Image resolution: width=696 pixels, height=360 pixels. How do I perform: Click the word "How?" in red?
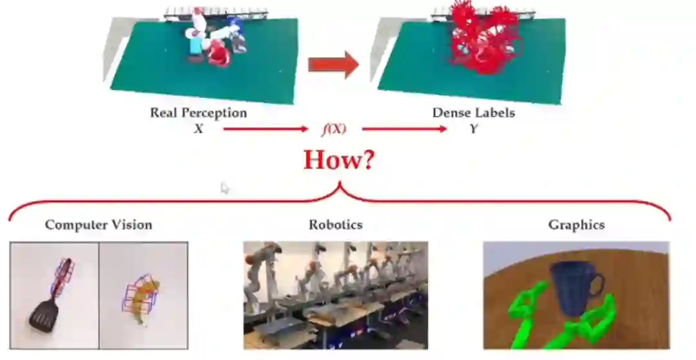338,158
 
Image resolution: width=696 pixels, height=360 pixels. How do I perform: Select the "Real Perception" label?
198,113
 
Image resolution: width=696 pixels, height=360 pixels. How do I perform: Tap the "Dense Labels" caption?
474,113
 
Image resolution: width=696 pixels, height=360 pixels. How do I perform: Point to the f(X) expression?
334,129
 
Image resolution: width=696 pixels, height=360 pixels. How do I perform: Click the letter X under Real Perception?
198,129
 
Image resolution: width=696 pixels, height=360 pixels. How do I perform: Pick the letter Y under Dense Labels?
474,129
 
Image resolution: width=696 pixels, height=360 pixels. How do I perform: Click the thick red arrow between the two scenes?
333,65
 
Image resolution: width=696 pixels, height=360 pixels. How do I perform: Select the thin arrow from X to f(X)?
266,129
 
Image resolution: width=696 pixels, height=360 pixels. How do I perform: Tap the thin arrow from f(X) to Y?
404,129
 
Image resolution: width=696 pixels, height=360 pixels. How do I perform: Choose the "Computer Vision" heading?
99,225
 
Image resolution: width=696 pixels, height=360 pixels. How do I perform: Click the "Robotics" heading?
335,225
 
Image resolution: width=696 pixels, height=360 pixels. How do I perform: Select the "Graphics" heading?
576,225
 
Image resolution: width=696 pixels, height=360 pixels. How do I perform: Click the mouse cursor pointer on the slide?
224,188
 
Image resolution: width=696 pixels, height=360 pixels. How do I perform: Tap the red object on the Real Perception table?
219,55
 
